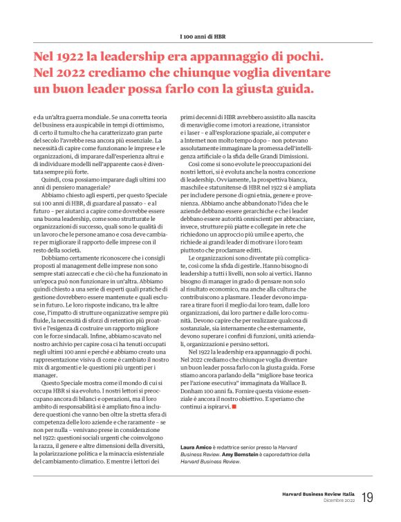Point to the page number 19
coord(367,497)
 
